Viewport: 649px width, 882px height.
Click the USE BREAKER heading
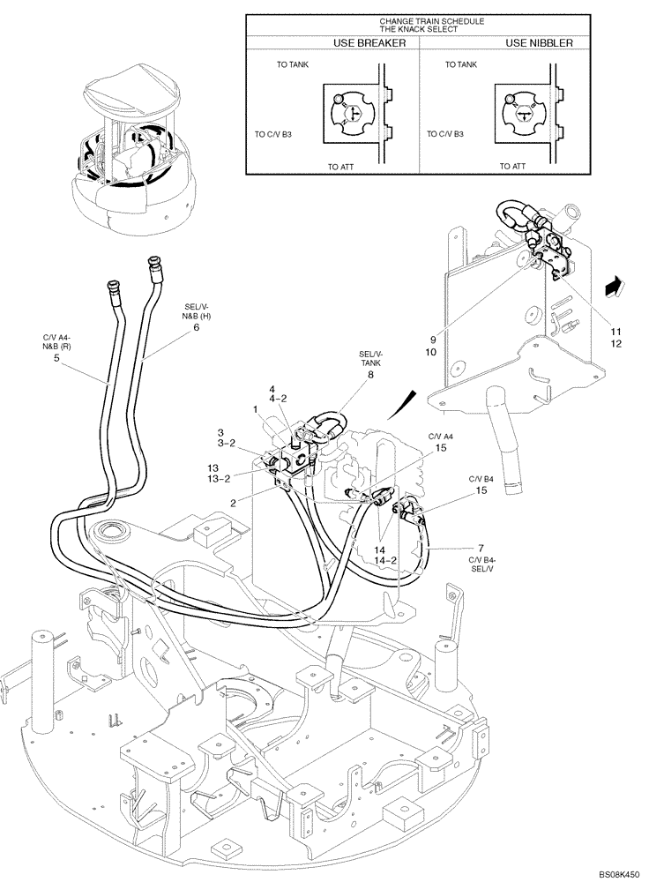369,41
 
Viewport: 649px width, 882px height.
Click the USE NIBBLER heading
540,41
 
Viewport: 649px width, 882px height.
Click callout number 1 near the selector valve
255,409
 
